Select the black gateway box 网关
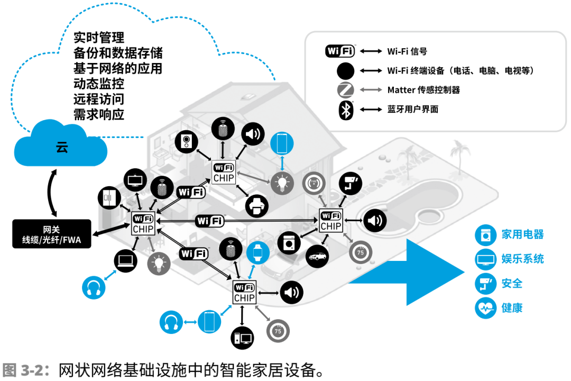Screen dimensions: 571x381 click(x=52, y=234)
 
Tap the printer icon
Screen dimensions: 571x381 click(x=257, y=206)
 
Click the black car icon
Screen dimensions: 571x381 click(x=317, y=256)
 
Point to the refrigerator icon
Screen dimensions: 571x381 click(x=109, y=197)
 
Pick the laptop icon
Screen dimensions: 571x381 click(x=126, y=261)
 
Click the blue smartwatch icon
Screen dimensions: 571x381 click(x=258, y=252)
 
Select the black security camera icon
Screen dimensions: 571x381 click(x=351, y=184)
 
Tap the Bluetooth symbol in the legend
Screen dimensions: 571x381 click(x=346, y=110)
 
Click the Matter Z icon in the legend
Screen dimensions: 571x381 click(x=345, y=89)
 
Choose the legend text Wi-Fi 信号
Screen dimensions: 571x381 click(x=407, y=51)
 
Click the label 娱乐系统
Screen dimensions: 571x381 click(x=522, y=259)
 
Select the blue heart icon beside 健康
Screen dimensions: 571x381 click(x=485, y=308)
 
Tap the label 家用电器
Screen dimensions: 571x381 click(x=522, y=234)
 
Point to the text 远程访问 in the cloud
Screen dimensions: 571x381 click(x=99, y=99)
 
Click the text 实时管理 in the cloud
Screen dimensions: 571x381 click(x=99, y=38)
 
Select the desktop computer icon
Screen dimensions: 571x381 click(x=242, y=338)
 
